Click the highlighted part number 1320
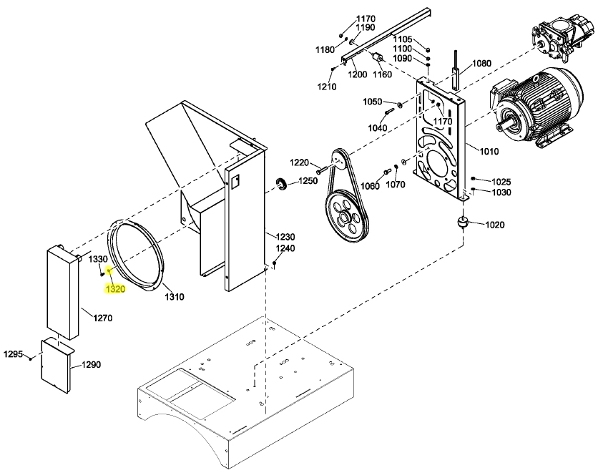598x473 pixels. tap(115, 290)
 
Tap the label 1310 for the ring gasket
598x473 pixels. tap(174, 296)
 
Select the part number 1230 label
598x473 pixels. tap(285, 237)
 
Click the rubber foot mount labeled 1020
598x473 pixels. tap(463, 224)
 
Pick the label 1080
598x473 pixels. tap(481, 63)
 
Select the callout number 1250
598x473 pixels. tap(308, 181)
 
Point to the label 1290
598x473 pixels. tap(91, 364)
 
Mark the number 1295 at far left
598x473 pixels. tap(14, 354)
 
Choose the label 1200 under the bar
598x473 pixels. tap(358, 74)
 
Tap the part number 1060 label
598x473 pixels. tap(370, 186)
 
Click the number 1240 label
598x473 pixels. tap(285, 248)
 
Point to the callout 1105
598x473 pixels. tap(403, 39)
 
